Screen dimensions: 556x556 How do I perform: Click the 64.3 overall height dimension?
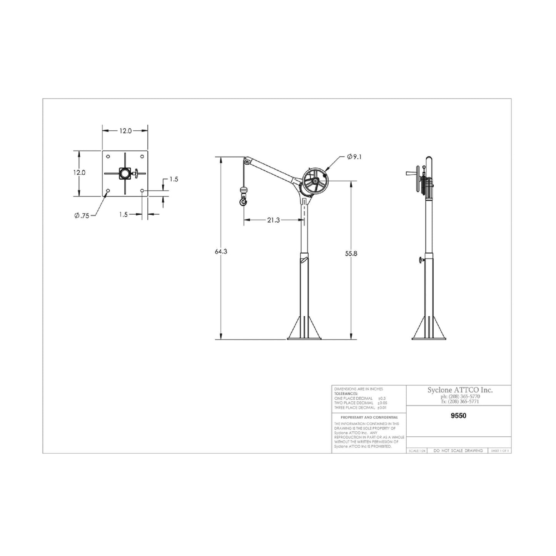221,252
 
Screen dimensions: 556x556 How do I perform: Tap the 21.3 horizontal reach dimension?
273,220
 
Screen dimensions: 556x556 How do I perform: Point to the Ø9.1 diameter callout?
354,157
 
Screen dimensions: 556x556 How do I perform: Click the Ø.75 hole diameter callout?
82,216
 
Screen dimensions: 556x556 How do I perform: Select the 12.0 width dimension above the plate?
125,131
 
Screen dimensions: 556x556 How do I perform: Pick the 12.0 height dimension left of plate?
79,173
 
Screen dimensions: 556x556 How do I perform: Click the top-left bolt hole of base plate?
108,157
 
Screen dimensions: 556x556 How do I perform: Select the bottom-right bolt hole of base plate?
142,191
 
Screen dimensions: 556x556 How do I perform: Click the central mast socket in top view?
125,174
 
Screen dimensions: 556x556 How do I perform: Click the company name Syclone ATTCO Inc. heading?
460,390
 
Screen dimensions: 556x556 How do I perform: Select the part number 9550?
458,416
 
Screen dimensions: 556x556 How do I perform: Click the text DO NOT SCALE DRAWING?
458,451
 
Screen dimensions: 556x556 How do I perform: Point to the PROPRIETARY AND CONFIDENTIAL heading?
369,417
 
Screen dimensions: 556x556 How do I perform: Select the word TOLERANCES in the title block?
346,394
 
